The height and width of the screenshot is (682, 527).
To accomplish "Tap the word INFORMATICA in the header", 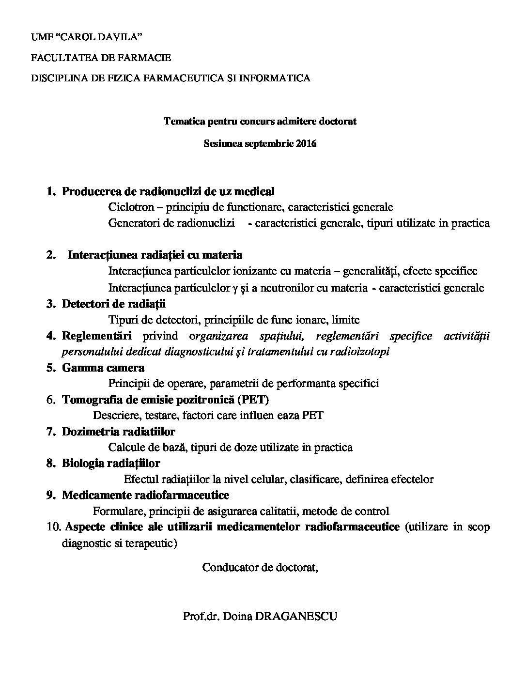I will pos(275,78).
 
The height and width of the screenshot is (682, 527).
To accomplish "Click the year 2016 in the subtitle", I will pos(306,144).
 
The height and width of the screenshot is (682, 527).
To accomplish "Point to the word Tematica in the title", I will pos(181,121).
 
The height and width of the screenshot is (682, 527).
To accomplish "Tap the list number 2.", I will pos(50,255).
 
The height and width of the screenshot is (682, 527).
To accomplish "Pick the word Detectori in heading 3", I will pos(83,304).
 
